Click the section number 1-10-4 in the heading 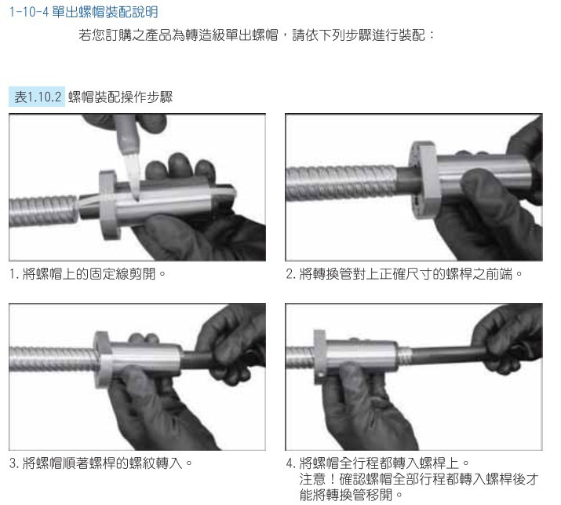(x=28, y=13)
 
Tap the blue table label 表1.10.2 (x=37, y=97)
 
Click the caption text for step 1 (x=87, y=274)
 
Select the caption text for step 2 (x=404, y=274)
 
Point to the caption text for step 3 (x=101, y=463)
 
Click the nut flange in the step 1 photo (x=108, y=205)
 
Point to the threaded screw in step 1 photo (x=43, y=211)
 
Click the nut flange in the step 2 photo (x=423, y=179)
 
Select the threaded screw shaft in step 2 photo (x=341, y=183)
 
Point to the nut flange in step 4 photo (x=320, y=357)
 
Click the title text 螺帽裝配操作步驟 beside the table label (x=121, y=97)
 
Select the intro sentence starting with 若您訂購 (x=257, y=35)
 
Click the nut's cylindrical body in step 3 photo (x=145, y=358)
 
